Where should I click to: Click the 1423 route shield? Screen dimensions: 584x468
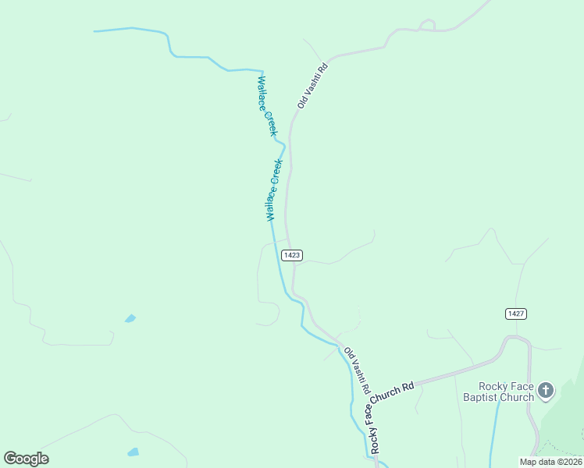click(x=292, y=255)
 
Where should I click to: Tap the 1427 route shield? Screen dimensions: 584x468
click(x=515, y=314)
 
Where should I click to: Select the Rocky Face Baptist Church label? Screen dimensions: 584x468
click(x=507, y=392)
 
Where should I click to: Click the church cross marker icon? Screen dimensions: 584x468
click(x=546, y=390)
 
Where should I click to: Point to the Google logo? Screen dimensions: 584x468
click(x=26, y=459)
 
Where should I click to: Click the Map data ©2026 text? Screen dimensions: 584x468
click(x=550, y=462)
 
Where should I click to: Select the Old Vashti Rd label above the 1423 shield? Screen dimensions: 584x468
click(x=313, y=86)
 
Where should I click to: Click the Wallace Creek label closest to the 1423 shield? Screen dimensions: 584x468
click(x=272, y=190)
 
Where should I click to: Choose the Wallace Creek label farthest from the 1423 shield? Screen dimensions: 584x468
click(x=267, y=106)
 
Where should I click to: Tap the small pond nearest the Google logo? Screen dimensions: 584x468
click(x=133, y=452)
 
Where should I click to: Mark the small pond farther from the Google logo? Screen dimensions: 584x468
click(x=130, y=318)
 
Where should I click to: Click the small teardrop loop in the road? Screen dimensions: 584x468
click(x=426, y=26)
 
